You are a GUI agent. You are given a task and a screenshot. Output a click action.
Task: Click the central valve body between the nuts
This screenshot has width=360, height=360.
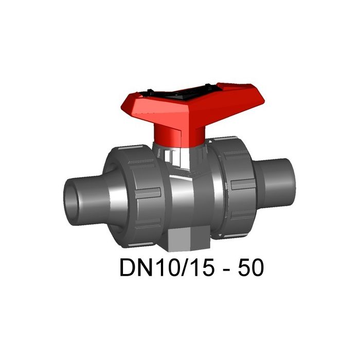(190, 185)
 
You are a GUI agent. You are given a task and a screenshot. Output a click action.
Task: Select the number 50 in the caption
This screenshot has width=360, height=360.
(252, 268)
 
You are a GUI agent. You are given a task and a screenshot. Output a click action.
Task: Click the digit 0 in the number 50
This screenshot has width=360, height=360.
(259, 268)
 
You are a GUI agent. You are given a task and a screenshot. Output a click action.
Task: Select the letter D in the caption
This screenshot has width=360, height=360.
(125, 268)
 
